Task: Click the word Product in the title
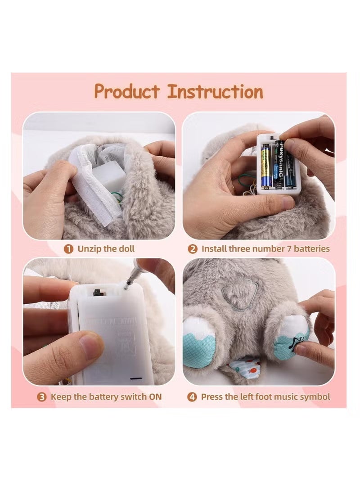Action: tap(127, 92)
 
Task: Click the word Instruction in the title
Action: tap(215, 91)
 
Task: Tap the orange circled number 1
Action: tap(68, 248)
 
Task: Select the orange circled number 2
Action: tap(192, 248)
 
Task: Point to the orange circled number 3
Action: tap(42, 397)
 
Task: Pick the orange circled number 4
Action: tap(192, 397)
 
